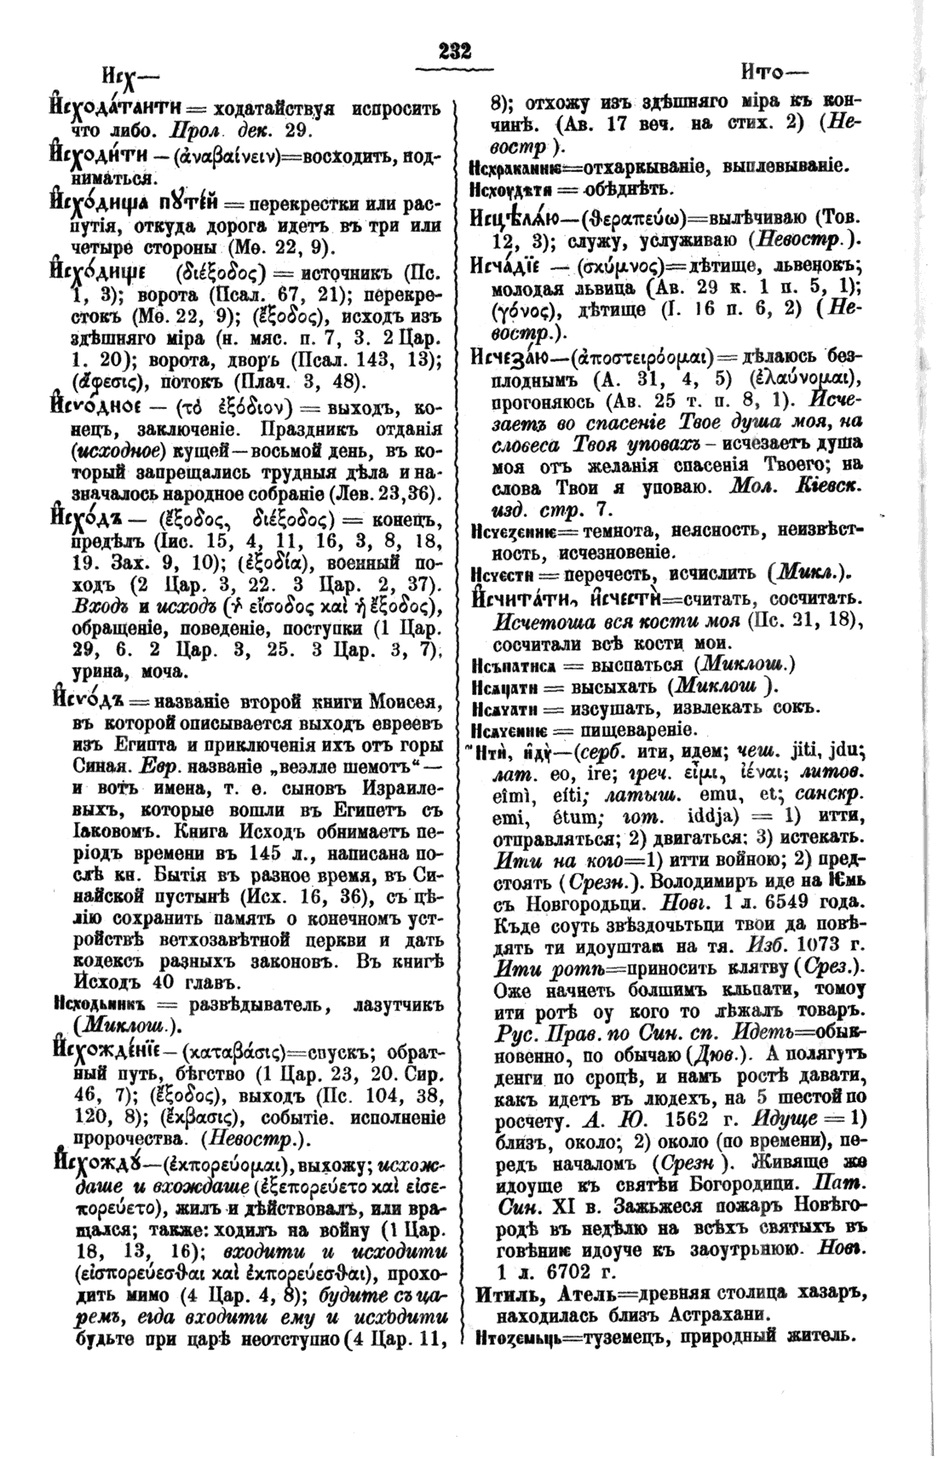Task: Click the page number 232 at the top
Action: click(455, 50)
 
